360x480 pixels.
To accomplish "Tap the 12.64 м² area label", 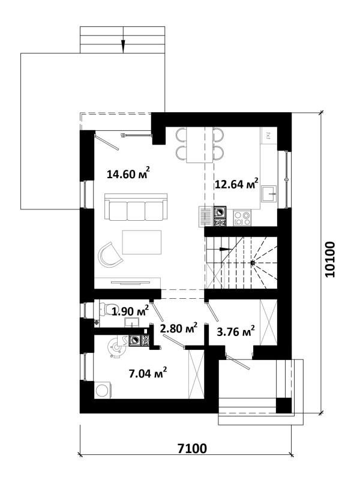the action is tap(236, 184).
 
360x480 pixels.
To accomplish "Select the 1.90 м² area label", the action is tap(130, 311).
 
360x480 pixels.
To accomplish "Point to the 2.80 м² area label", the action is tap(179, 328).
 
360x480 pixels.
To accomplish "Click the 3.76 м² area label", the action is tap(236, 331).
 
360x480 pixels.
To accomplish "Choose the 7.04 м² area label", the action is tap(148, 373).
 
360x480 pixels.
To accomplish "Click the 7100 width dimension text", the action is tap(192, 449).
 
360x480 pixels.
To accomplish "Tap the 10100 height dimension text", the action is tap(330, 260).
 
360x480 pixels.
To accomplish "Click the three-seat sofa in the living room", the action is tap(136, 206).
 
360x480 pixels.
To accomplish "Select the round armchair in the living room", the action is tap(109, 254).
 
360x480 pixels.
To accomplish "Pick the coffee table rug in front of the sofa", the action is tap(142, 242).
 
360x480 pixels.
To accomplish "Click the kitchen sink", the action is tap(269, 193).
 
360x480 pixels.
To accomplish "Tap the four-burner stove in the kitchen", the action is tap(242, 218).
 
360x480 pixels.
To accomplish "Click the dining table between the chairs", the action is tap(200, 145).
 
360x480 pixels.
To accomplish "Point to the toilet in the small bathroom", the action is tap(104, 309).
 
